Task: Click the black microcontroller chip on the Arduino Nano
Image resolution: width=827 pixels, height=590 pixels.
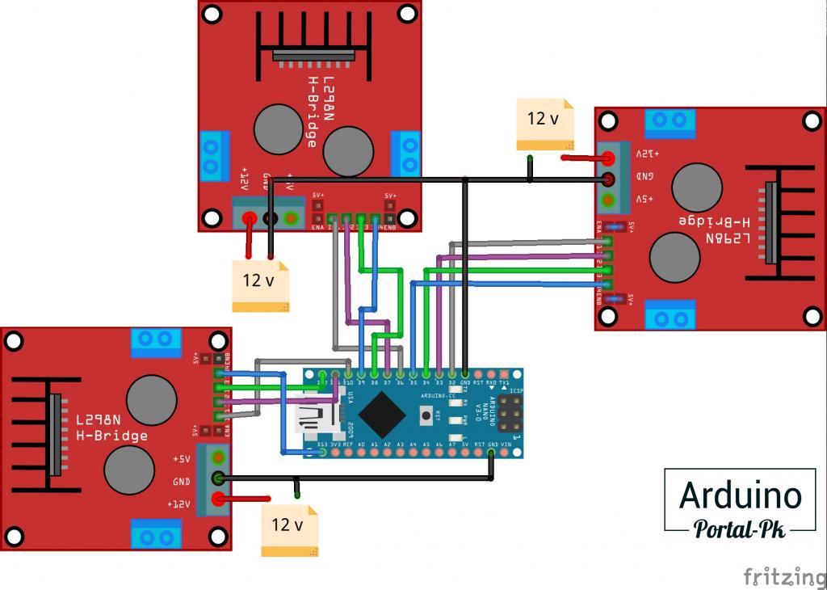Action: [382, 415]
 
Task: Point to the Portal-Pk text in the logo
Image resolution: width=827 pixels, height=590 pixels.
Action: [740, 529]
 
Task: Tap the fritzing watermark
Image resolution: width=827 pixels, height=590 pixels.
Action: [779, 575]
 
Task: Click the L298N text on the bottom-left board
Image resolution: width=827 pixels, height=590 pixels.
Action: [99, 420]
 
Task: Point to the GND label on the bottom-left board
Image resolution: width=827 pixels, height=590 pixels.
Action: [181, 481]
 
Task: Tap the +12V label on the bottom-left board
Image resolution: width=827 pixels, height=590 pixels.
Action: [179, 504]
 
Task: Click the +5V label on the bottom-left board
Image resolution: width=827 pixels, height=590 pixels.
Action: [181, 458]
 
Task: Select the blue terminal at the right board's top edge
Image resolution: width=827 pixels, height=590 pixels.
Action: [670, 122]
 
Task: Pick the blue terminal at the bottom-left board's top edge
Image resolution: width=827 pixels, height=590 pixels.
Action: [157, 341]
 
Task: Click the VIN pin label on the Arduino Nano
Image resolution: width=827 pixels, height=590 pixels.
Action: [506, 445]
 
